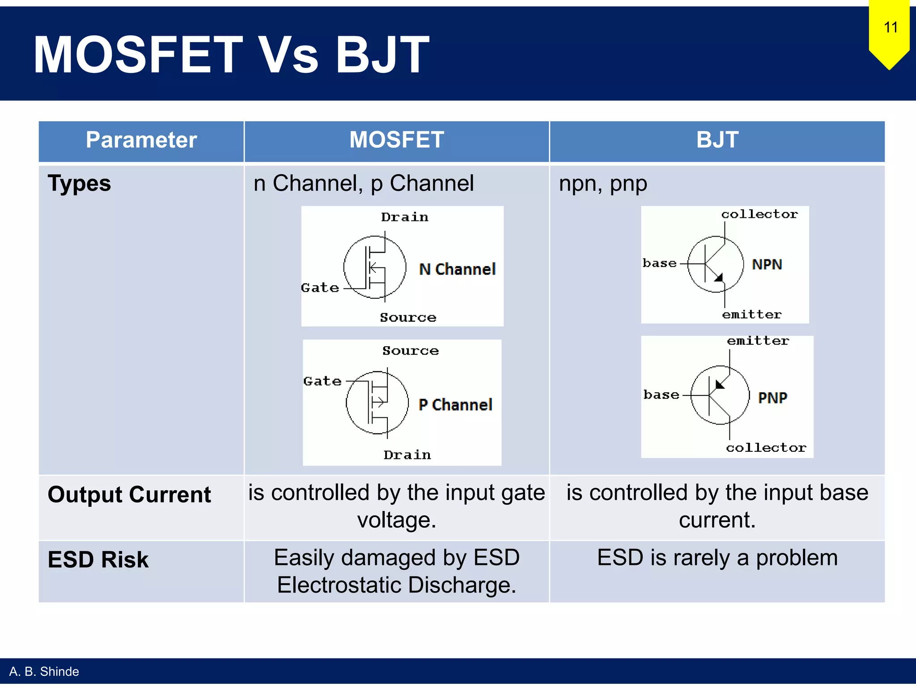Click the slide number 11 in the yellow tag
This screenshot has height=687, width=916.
tap(891, 28)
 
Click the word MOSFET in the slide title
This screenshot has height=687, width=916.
tap(138, 55)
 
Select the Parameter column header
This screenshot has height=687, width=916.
tap(141, 140)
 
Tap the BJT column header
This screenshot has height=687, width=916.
tap(717, 140)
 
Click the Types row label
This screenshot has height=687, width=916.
tap(79, 184)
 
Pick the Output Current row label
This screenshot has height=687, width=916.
tap(129, 495)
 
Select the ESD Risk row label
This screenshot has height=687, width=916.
tap(98, 560)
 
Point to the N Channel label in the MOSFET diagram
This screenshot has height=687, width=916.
tap(457, 269)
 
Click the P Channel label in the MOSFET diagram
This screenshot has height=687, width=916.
tap(455, 405)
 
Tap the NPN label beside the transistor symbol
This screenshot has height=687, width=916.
tap(767, 264)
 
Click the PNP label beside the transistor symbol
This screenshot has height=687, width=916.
tap(772, 398)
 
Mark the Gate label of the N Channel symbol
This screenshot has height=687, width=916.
tap(320, 288)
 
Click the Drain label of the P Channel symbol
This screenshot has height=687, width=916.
tap(407, 455)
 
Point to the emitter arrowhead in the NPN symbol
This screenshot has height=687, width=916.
tap(719, 278)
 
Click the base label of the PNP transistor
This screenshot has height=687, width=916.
tap(661, 395)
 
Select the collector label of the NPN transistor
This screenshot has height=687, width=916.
tap(759, 214)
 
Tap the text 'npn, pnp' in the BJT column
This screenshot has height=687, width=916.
tap(603, 184)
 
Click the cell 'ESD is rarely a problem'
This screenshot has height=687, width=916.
tap(717, 558)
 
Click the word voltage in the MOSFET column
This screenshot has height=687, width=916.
tap(396, 520)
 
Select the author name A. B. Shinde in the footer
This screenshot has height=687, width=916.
tap(44, 672)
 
